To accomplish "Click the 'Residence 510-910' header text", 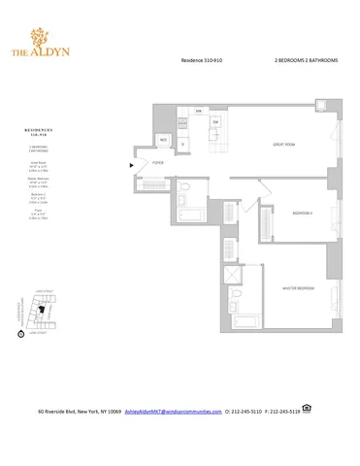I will coord(203,60).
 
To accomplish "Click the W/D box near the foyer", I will coord(164,141).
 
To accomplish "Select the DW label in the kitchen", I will coord(216,121).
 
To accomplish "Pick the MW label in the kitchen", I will coord(197,112).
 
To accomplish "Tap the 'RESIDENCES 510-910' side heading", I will coord(43,129).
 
